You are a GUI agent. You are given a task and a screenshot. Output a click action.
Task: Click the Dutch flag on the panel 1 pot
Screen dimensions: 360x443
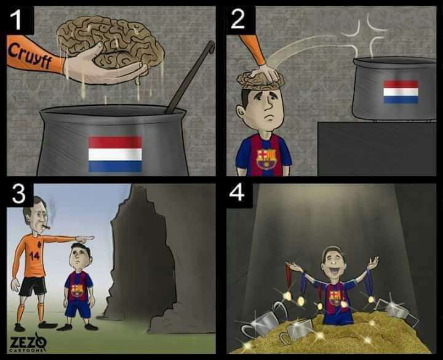(115, 154)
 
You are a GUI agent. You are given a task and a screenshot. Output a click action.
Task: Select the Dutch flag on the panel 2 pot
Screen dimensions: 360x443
(401, 92)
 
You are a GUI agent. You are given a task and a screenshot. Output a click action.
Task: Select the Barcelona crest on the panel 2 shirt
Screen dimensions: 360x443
(266, 159)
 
